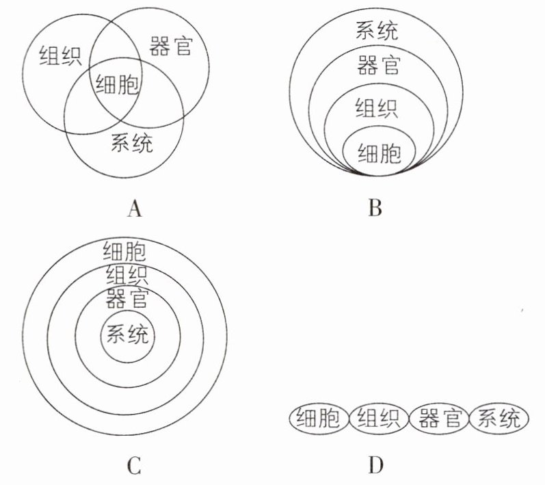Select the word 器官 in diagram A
170,47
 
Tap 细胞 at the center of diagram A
118,86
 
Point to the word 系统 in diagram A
132,144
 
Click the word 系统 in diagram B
377,31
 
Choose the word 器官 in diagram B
378,66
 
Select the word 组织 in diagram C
128,276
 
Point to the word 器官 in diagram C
127,298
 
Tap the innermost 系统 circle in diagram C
128,336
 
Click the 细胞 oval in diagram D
319,417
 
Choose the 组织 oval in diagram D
379,417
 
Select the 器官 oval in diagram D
439,417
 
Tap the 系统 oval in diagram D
499,417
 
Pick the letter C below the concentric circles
134,467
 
